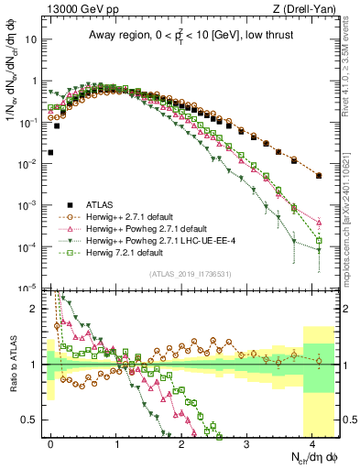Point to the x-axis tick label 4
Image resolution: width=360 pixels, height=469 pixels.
[312, 442]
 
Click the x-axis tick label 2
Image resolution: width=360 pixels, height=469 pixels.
[181, 442]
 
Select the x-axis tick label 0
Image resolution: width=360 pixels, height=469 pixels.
[51, 442]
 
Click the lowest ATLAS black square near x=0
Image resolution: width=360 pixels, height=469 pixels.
[50, 152]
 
